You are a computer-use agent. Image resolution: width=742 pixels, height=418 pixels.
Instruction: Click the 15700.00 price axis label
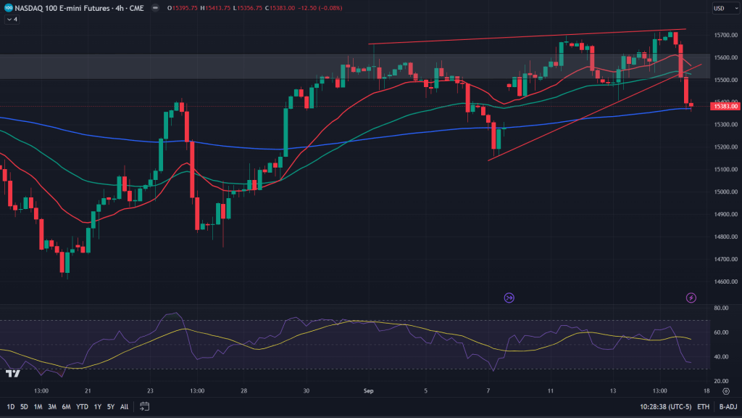[725, 35]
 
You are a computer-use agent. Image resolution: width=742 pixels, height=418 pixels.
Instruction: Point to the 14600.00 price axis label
[725, 282]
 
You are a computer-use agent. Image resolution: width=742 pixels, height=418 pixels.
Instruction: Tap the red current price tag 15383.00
[725, 107]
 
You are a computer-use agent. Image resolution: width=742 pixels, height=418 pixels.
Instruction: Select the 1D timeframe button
[12, 406]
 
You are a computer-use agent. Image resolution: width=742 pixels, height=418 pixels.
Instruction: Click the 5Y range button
[111, 406]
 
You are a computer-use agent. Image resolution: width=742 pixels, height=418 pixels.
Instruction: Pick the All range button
[125, 406]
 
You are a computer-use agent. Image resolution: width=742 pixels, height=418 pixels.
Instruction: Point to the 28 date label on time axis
[245, 390]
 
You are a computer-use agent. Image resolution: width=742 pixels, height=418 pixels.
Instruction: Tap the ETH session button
[703, 406]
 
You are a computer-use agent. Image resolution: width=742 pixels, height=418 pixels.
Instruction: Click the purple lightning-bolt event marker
[691, 298]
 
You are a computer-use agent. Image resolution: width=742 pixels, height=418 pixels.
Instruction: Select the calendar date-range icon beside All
[145, 406]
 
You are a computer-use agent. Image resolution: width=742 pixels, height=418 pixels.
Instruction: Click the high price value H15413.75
[217, 8]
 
